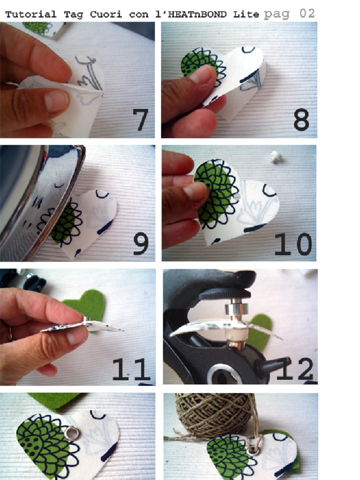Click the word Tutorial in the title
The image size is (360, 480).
(x=31, y=14)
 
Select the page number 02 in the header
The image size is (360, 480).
(x=307, y=13)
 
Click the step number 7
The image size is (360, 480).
(x=140, y=120)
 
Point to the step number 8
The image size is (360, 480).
(x=301, y=120)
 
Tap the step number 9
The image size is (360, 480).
(x=141, y=244)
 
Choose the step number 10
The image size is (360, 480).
(x=292, y=244)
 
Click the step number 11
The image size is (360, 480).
(x=131, y=369)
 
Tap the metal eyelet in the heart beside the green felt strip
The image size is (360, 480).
(x=72, y=434)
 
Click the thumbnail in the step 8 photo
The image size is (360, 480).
(x=201, y=75)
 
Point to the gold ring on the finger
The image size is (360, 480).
(x=9, y=333)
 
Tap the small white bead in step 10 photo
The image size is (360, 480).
(x=277, y=157)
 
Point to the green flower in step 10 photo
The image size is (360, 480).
(x=216, y=195)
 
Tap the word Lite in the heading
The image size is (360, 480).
(x=246, y=14)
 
